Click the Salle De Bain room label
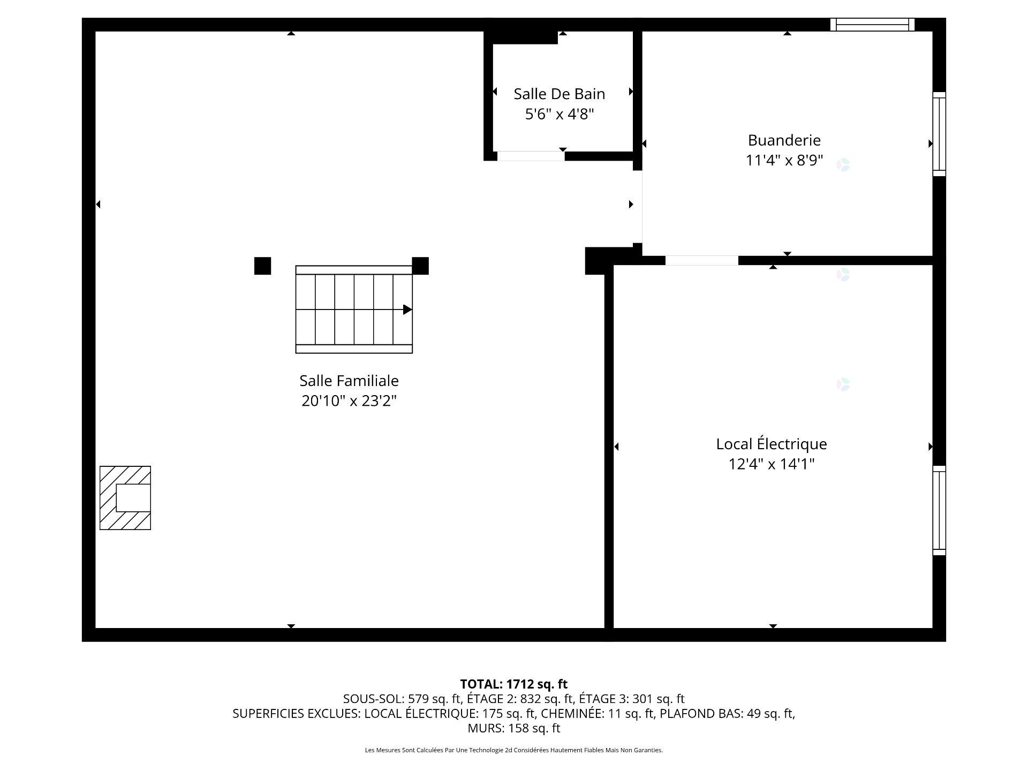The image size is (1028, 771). tap(560, 94)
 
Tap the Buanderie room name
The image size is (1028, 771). tap(784, 140)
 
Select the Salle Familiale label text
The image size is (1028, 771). tap(349, 381)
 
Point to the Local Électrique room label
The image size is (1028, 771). tap(772, 444)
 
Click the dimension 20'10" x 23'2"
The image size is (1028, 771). tap(349, 400)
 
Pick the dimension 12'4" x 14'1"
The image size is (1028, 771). tap(772, 464)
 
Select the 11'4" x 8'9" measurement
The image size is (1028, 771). tap(784, 160)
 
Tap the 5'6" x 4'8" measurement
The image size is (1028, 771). tap(560, 114)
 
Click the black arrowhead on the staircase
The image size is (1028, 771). tap(407, 309)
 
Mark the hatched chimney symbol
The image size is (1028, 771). tap(125, 498)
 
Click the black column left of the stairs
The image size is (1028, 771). tap(262, 266)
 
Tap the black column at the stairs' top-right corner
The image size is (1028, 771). tap(420, 266)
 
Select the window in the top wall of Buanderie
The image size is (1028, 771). tap(872, 25)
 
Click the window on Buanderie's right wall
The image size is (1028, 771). tap(939, 134)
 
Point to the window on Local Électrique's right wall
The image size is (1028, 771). tap(939, 510)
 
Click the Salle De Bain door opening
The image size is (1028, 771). tap(531, 156)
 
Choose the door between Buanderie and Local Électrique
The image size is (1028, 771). tap(701, 261)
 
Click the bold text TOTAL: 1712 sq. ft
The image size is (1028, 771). tap(514, 684)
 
